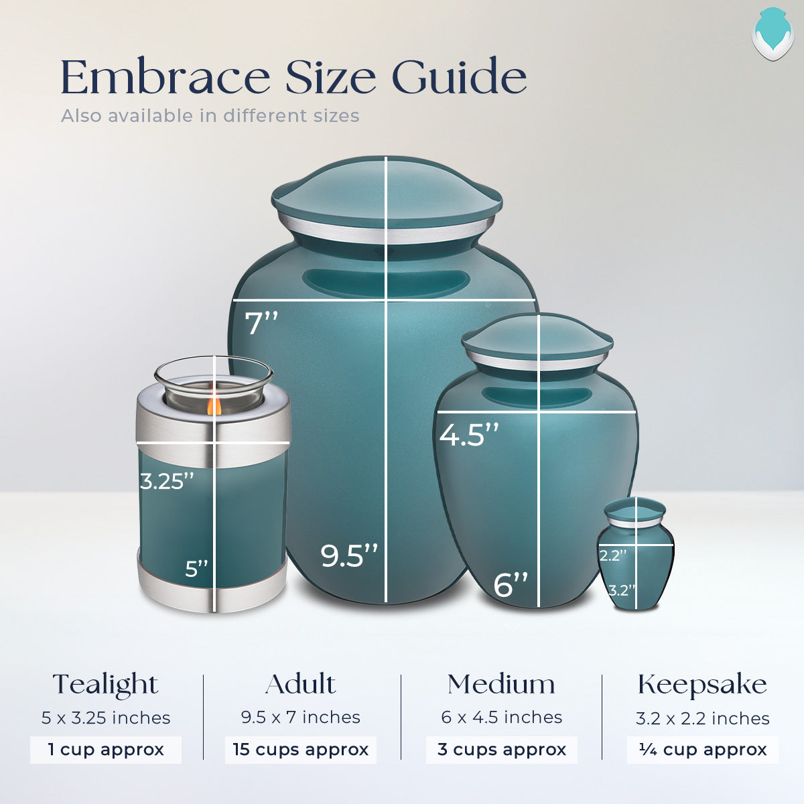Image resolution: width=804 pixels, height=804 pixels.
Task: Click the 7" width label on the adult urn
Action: click(261, 324)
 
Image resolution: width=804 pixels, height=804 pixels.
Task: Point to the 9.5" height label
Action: click(349, 555)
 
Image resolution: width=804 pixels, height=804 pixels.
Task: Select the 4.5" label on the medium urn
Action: click(469, 435)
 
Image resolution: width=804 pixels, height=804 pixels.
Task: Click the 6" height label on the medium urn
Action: click(511, 585)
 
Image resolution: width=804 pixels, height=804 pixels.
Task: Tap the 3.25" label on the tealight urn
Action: click(167, 481)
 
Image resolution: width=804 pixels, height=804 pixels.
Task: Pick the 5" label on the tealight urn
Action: click(197, 569)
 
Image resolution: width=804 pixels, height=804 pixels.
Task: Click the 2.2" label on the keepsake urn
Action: click(613, 555)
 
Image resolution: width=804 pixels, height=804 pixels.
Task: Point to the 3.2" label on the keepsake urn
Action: click(621, 590)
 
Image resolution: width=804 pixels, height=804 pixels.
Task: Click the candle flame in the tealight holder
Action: click(214, 405)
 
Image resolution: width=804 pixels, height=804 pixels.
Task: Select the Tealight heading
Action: click(105, 685)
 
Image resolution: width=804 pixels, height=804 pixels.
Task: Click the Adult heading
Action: click(300, 684)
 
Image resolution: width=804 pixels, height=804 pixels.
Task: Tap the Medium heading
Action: click(501, 684)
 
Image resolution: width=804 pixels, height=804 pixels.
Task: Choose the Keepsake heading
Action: click(702, 685)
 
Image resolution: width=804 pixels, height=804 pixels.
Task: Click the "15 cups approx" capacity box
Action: click(300, 750)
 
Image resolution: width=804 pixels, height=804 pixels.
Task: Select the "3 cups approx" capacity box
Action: click(501, 750)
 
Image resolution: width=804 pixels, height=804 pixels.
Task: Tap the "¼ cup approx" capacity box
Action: click(702, 750)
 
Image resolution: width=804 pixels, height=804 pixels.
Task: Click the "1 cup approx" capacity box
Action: click(105, 750)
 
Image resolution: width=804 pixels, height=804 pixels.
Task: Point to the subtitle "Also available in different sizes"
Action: click(210, 116)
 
